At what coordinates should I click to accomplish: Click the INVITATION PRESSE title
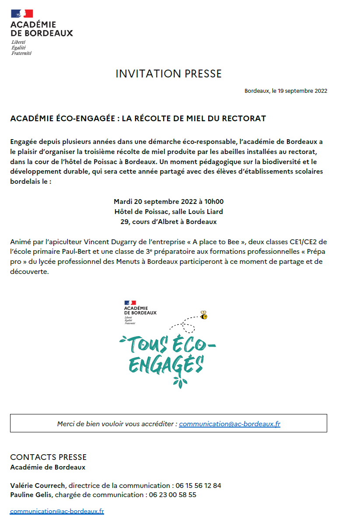coord(168,74)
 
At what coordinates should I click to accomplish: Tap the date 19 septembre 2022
coord(302,91)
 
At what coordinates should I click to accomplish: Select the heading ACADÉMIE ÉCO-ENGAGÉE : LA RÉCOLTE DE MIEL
coord(138,119)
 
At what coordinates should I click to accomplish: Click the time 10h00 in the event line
coord(214,202)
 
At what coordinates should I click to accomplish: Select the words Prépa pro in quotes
coord(306,257)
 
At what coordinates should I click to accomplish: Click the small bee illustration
coord(203,315)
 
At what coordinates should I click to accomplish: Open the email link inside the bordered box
coord(230,424)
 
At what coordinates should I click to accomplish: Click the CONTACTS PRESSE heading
coord(49,457)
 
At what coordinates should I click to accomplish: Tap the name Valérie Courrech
coord(38,485)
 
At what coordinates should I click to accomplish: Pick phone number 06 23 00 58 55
coord(173,495)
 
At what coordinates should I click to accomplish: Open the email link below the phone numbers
coord(57,511)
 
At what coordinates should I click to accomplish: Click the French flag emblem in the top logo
coord(22,14)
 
